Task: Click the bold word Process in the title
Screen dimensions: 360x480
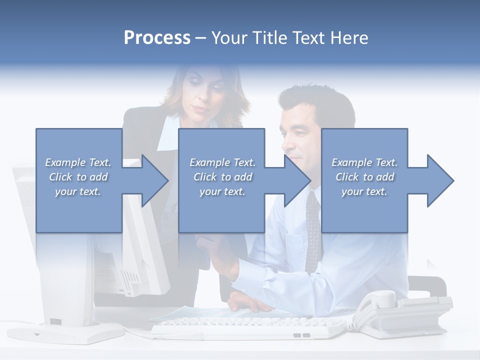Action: point(157,38)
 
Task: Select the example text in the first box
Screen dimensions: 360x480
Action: point(78,177)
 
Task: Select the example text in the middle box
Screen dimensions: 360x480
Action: point(222,177)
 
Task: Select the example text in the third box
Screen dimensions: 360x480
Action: point(364,177)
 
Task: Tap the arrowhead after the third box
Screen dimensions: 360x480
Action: point(440,180)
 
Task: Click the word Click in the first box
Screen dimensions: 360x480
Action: point(60,177)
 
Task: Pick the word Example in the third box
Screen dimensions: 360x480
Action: point(349,162)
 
